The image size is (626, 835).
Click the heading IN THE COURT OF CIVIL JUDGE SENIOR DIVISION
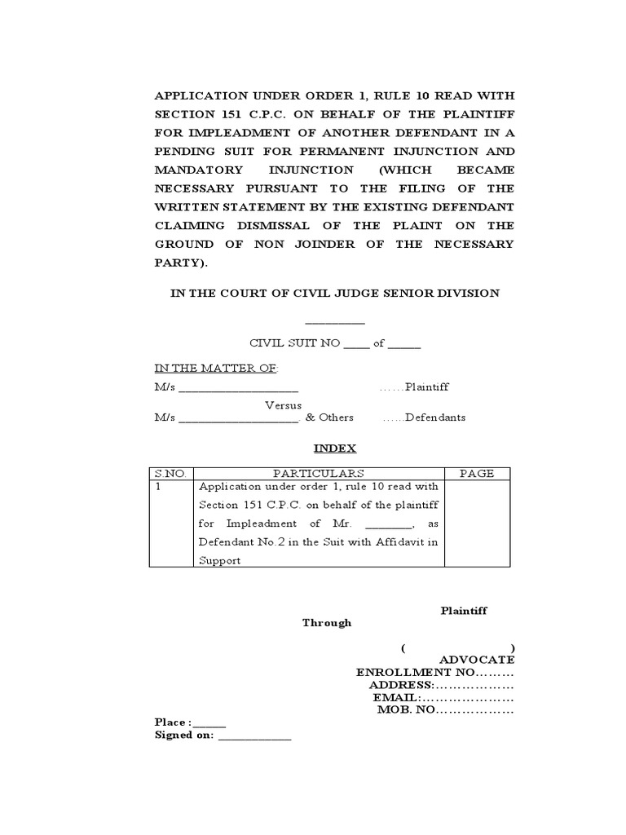[334, 293]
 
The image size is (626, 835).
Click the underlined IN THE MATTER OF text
[216, 368]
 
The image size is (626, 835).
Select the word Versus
[283, 404]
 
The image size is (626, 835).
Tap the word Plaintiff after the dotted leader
[427, 387]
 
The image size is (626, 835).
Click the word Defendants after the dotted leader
[435, 417]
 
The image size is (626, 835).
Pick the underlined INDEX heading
[335, 448]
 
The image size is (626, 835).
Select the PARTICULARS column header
[318, 473]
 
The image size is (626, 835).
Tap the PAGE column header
[477, 473]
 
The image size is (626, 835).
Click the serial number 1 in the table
[158, 486]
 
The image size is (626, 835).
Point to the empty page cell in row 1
[477, 523]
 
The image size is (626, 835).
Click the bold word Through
[327, 622]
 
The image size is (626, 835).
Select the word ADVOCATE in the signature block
[477, 659]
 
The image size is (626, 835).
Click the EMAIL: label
[396, 697]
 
